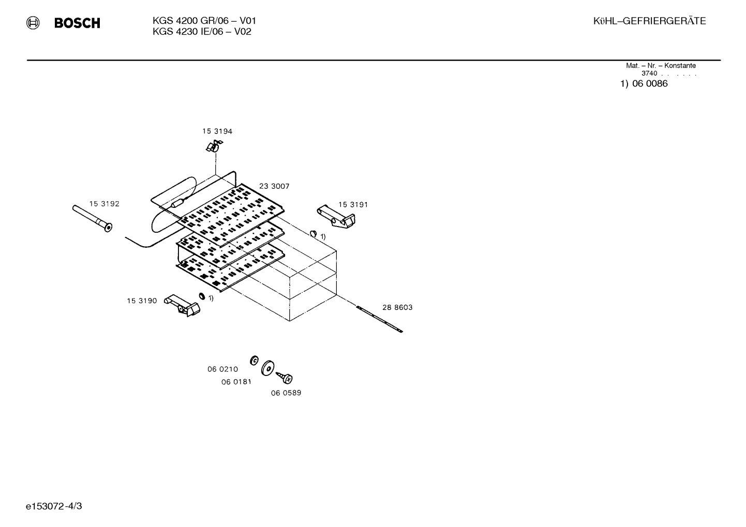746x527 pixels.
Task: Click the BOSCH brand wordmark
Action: pos(77,23)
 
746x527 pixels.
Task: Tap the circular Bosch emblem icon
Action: pos(33,23)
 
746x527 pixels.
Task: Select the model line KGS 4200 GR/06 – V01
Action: pos(204,21)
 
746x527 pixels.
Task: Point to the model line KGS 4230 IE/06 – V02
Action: pos(202,32)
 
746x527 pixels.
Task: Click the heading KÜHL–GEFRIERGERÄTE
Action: pos(649,21)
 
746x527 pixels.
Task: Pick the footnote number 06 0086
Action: pos(650,84)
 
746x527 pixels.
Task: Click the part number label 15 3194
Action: pos(217,131)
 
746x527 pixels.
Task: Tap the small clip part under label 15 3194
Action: pos(214,146)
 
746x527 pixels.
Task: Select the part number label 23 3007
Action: pos(274,186)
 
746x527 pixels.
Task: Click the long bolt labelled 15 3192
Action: pos(92,218)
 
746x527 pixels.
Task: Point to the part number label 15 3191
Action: pos(353,205)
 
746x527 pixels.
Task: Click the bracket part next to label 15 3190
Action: pos(182,305)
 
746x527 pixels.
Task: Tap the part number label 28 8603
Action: pos(397,308)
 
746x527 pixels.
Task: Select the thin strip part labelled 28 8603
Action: pos(379,319)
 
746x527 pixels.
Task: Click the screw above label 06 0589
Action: pos(285,378)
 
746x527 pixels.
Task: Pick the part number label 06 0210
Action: pos(223,369)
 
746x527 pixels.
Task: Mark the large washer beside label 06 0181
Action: pos(268,368)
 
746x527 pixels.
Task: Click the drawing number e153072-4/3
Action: pos(54,506)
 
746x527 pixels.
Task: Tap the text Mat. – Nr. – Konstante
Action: pos(661,66)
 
